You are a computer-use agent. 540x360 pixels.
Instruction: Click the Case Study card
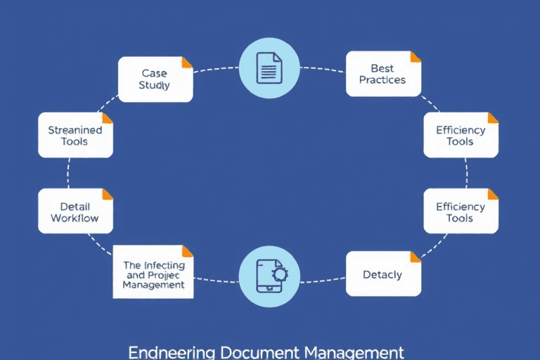pyautogui.click(x=155, y=79)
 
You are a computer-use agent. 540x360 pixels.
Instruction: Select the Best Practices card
pyautogui.click(x=383, y=74)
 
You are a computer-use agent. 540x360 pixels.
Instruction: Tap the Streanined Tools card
pyautogui.click(x=75, y=136)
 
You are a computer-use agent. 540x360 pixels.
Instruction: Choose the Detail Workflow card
pyautogui.click(x=75, y=212)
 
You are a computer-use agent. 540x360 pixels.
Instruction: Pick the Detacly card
pyautogui.click(x=383, y=274)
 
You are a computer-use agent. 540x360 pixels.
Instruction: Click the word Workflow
pyautogui.click(x=75, y=219)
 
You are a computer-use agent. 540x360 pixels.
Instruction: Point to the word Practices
pyautogui.click(x=382, y=80)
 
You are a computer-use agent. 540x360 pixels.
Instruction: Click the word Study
pyautogui.click(x=155, y=86)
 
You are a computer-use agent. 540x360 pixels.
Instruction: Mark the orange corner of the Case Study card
pyautogui.click(x=188, y=62)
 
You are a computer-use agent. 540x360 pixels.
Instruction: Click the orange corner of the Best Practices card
pyautogui.click(x=416, y=56)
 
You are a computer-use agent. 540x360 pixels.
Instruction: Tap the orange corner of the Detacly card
pyautogui.click(x=416, y=257)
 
